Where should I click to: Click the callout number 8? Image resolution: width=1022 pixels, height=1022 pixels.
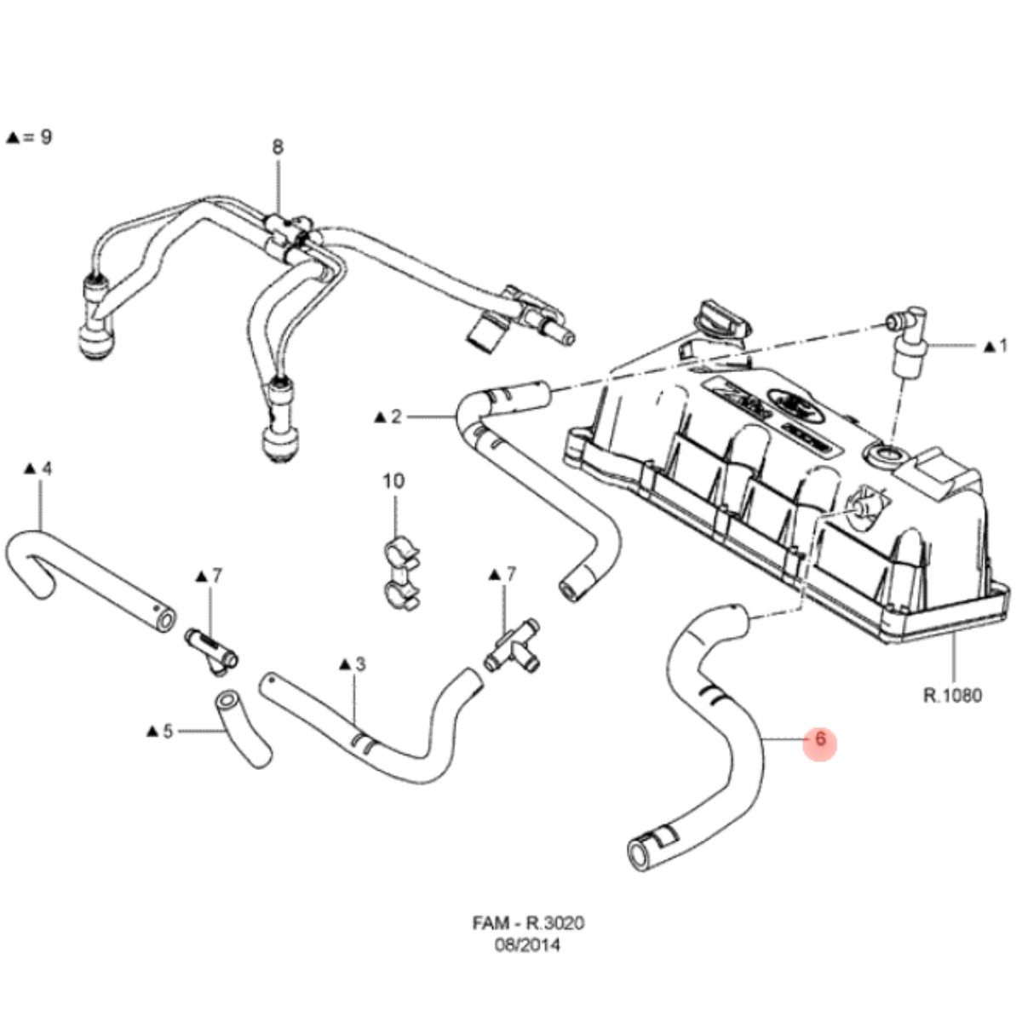278,147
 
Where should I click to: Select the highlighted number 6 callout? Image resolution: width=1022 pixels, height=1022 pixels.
820,740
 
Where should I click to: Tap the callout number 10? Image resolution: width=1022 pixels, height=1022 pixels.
393,481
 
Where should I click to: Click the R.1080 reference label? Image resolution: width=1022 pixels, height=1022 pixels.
953,695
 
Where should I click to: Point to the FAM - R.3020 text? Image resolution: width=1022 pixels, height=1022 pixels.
529,923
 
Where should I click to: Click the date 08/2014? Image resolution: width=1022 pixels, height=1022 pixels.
529,944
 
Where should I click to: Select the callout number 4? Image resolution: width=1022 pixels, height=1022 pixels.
46,468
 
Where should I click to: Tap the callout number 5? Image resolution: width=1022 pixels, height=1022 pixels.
167,730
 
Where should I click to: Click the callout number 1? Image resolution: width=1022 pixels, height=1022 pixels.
1002,346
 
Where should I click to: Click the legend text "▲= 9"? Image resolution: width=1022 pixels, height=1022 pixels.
29,136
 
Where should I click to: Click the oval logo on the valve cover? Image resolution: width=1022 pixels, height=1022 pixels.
788,399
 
